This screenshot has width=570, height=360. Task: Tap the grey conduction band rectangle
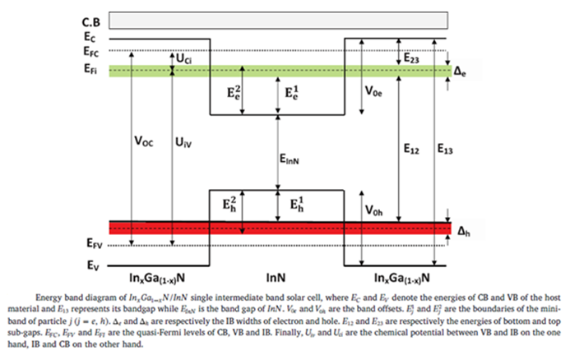click(280, 20)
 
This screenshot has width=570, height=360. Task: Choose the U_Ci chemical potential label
click(184, 58)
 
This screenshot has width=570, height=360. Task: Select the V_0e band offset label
click(374, 92)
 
